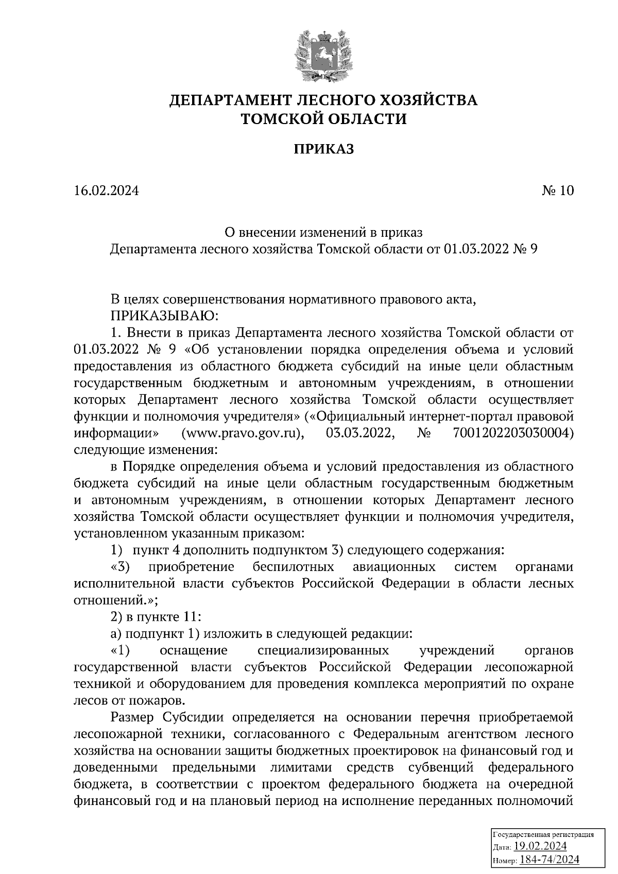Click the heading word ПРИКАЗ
pyautogui.click(x=323, y=150)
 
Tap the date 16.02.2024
pyautogui.click(x=107, y=191)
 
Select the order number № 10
pyautogui.click(x=558, y=191)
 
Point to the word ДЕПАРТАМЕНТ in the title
pyautogui.click(x=231, y=99)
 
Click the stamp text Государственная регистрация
pyautogui.click(x=544, y=834)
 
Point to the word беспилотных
pyautogui.click(x=294, y=567)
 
